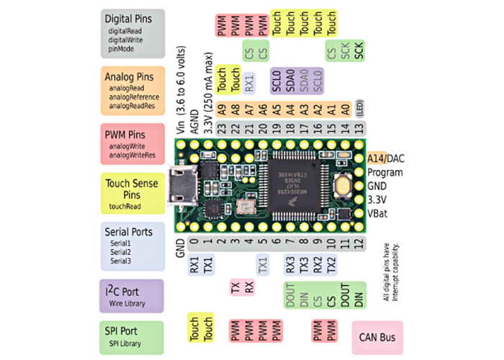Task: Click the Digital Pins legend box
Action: pos(133,32)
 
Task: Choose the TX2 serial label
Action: pos(331,266)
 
